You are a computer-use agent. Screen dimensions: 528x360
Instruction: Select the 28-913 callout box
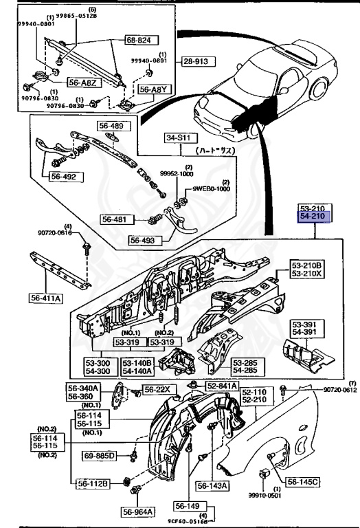coord(195,61)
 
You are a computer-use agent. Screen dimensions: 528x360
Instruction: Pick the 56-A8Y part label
coord(152,89)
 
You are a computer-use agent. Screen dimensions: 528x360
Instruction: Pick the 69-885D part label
coord(101,456)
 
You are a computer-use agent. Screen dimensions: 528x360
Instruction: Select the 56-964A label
coord(139,511)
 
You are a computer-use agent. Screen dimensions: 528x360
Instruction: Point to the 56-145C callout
coord(302,482)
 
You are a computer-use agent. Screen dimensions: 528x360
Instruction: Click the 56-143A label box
coord(214,485)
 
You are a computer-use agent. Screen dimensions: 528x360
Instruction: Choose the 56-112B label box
coord(93,483)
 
